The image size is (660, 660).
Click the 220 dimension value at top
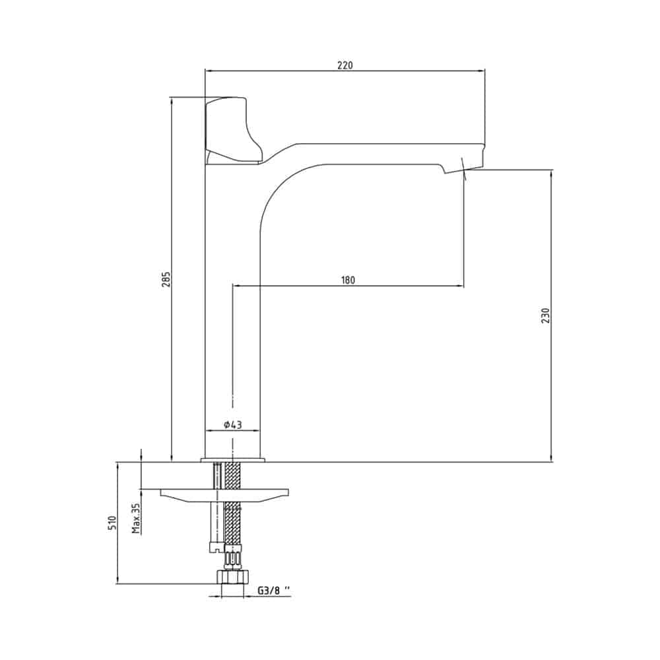click(x=345, y=65)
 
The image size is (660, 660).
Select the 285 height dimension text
click(x=166, y=279)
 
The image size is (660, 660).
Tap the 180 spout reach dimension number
click(x=348, y=280)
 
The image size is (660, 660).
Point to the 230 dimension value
click(x=546, y=315)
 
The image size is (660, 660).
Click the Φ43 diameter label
click(x=233, y=424)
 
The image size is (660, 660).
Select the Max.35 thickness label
click(x=136, y=519)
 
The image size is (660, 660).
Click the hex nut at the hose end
click(x=232, y=577)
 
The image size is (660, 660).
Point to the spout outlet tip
click(x=464, y=167)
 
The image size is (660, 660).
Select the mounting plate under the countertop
click(x=224, y=496)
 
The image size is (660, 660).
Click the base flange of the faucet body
click(x=233, y=459)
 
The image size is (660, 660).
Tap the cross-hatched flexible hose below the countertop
click(x=233, y=503)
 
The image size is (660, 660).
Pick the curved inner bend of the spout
click(x=286, y=185)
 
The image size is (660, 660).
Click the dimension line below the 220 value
click(x=345, y=71)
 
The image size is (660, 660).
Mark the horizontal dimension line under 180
click(x=348, y=286)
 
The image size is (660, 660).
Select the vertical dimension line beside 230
click(x=552, y=315)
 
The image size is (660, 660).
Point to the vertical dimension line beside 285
click(x=172, y=279)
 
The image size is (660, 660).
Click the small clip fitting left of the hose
click(x=216, y=546)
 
